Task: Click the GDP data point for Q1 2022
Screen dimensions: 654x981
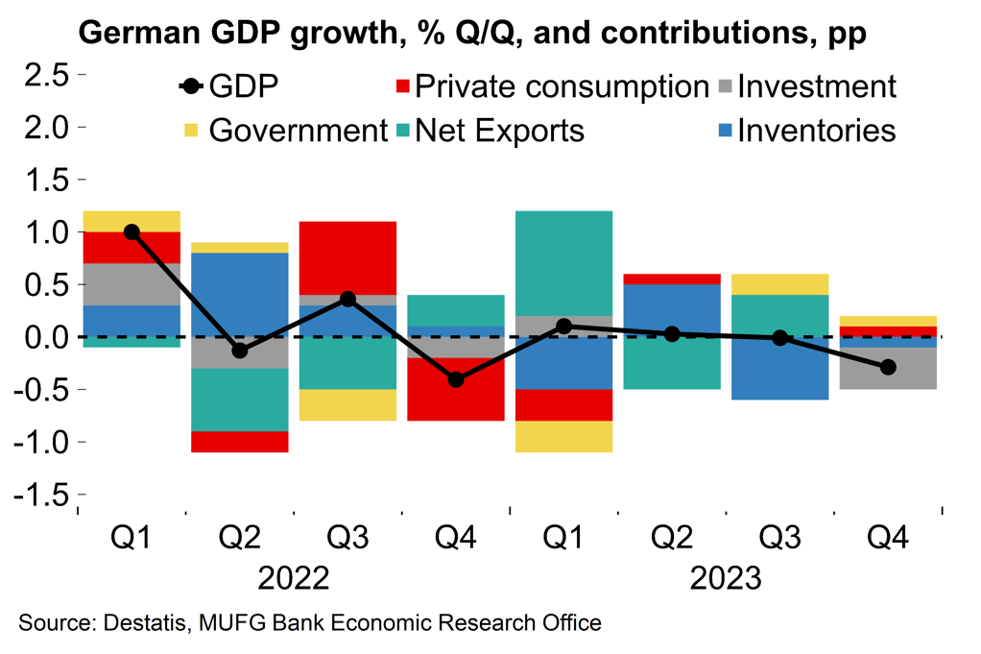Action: [x=132, y=232]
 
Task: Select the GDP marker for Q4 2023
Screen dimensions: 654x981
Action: [x=888, y=367]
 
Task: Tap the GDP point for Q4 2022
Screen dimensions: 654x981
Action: [x=456, y=379]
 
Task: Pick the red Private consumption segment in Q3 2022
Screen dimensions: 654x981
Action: [x=348, y=257]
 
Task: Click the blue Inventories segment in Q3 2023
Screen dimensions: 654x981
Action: [x=780, y=368]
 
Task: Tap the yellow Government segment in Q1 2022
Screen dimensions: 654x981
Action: [x=132, y=221]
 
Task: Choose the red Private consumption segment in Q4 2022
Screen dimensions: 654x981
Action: [x=456, y=389]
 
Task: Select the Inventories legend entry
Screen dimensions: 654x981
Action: [x=815, y=131]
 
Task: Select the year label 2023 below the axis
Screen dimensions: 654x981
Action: [x=726, y=579]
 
